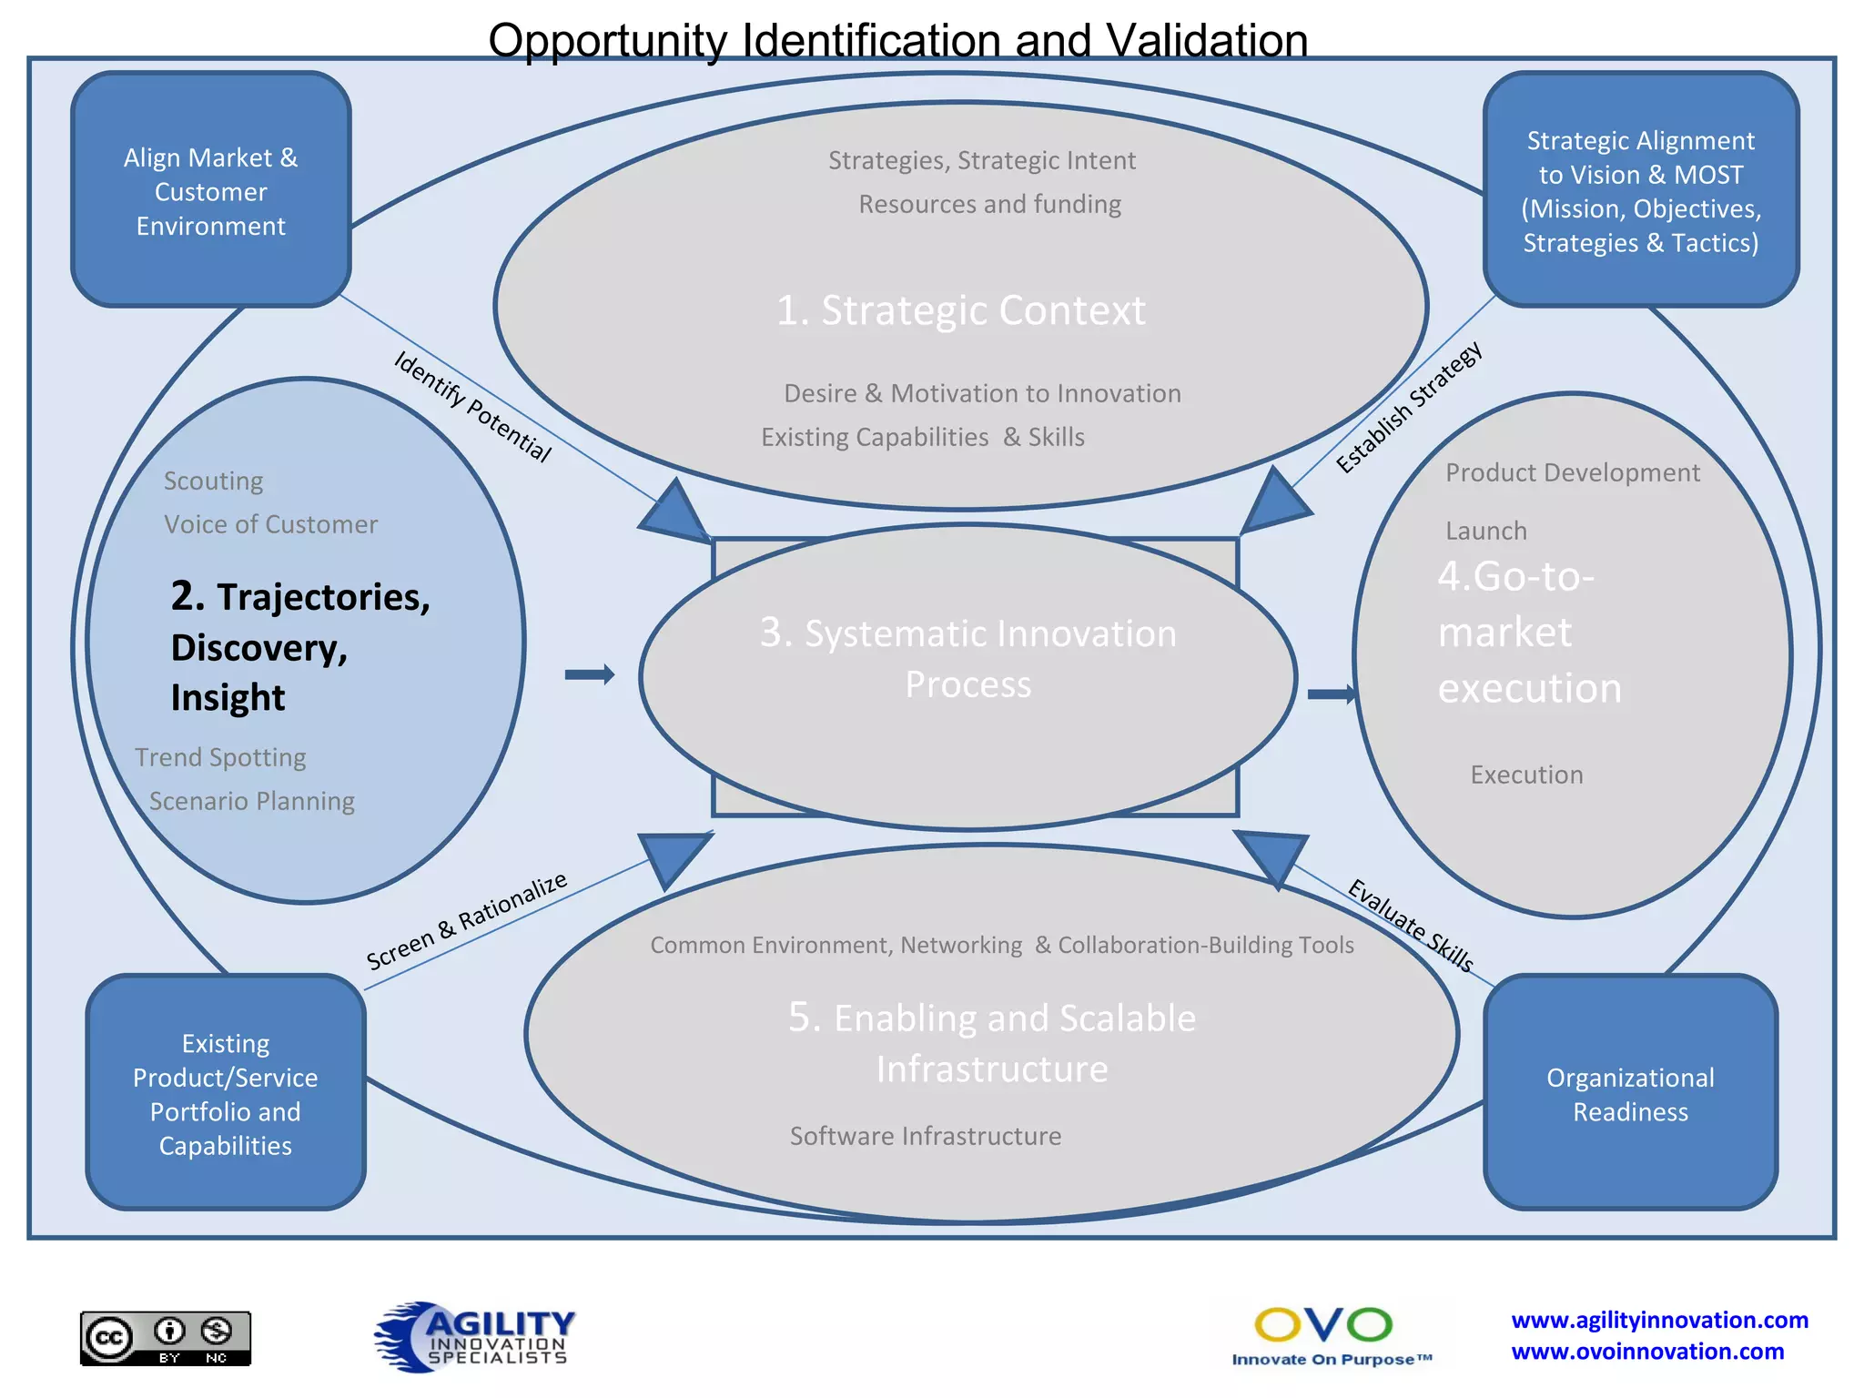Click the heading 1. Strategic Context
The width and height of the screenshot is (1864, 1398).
[x=960, y=310]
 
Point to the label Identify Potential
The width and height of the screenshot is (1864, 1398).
[x=472, y=407]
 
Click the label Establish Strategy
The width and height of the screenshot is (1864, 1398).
[x=1409, y=407]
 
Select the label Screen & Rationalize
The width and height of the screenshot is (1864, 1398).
[x=467, y=921]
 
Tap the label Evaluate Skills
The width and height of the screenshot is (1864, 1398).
[x=1410, y=926]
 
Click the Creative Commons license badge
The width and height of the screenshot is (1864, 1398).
[x=166, y=1338]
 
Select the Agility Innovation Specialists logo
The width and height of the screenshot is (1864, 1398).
[x=474, y=1336]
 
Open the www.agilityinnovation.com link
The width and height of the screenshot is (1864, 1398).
[x=1659, y=1320]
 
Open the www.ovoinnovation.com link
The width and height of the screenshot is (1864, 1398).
[x=1647, y=1352]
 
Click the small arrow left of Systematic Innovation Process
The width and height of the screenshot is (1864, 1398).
[x=590, y=674]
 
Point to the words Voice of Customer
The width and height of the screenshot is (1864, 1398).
[x=270, y=525]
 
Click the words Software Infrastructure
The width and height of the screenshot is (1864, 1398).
[x=926, y=1136]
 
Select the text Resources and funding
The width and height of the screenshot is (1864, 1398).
[x=989, y=204]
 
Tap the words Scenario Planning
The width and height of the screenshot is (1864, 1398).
[x=252, y=801]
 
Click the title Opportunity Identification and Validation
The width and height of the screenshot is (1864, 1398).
[x=897, y=40]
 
